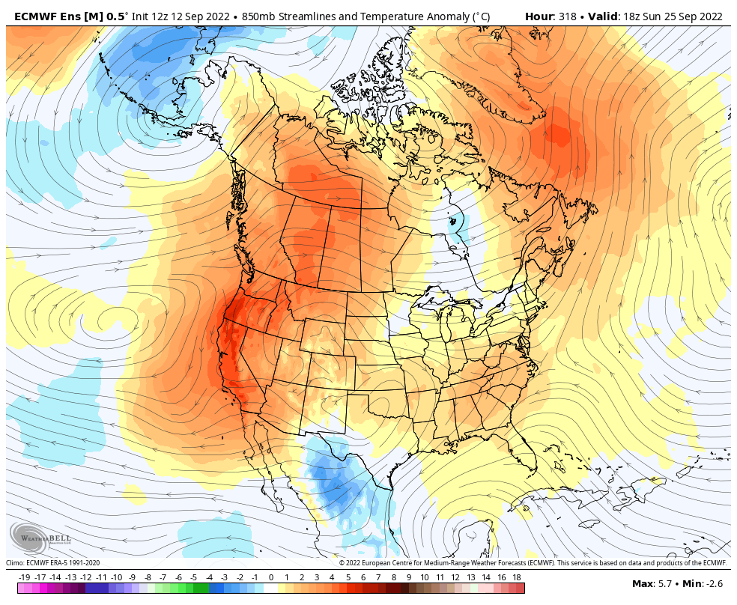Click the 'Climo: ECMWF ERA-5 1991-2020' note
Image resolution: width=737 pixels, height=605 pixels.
point(53,563)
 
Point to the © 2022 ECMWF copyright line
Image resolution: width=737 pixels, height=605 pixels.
point(533,563)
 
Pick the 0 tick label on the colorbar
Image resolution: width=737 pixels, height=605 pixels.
point(270,577)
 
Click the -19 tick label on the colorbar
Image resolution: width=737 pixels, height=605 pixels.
point(24,577)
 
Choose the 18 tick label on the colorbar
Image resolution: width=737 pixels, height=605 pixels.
point(517,577)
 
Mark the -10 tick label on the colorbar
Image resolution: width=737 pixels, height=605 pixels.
point(117,577)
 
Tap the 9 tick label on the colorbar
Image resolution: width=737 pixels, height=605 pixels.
point(409,577)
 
